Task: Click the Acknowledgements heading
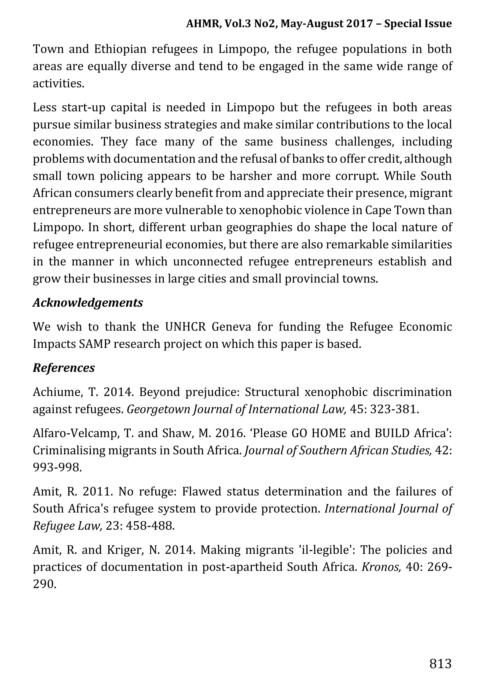pyautogui.click(x=88, y=303)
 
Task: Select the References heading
pyautogui.click(x=64, y=368)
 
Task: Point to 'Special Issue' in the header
pyautogui.click(x=418, y=23)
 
